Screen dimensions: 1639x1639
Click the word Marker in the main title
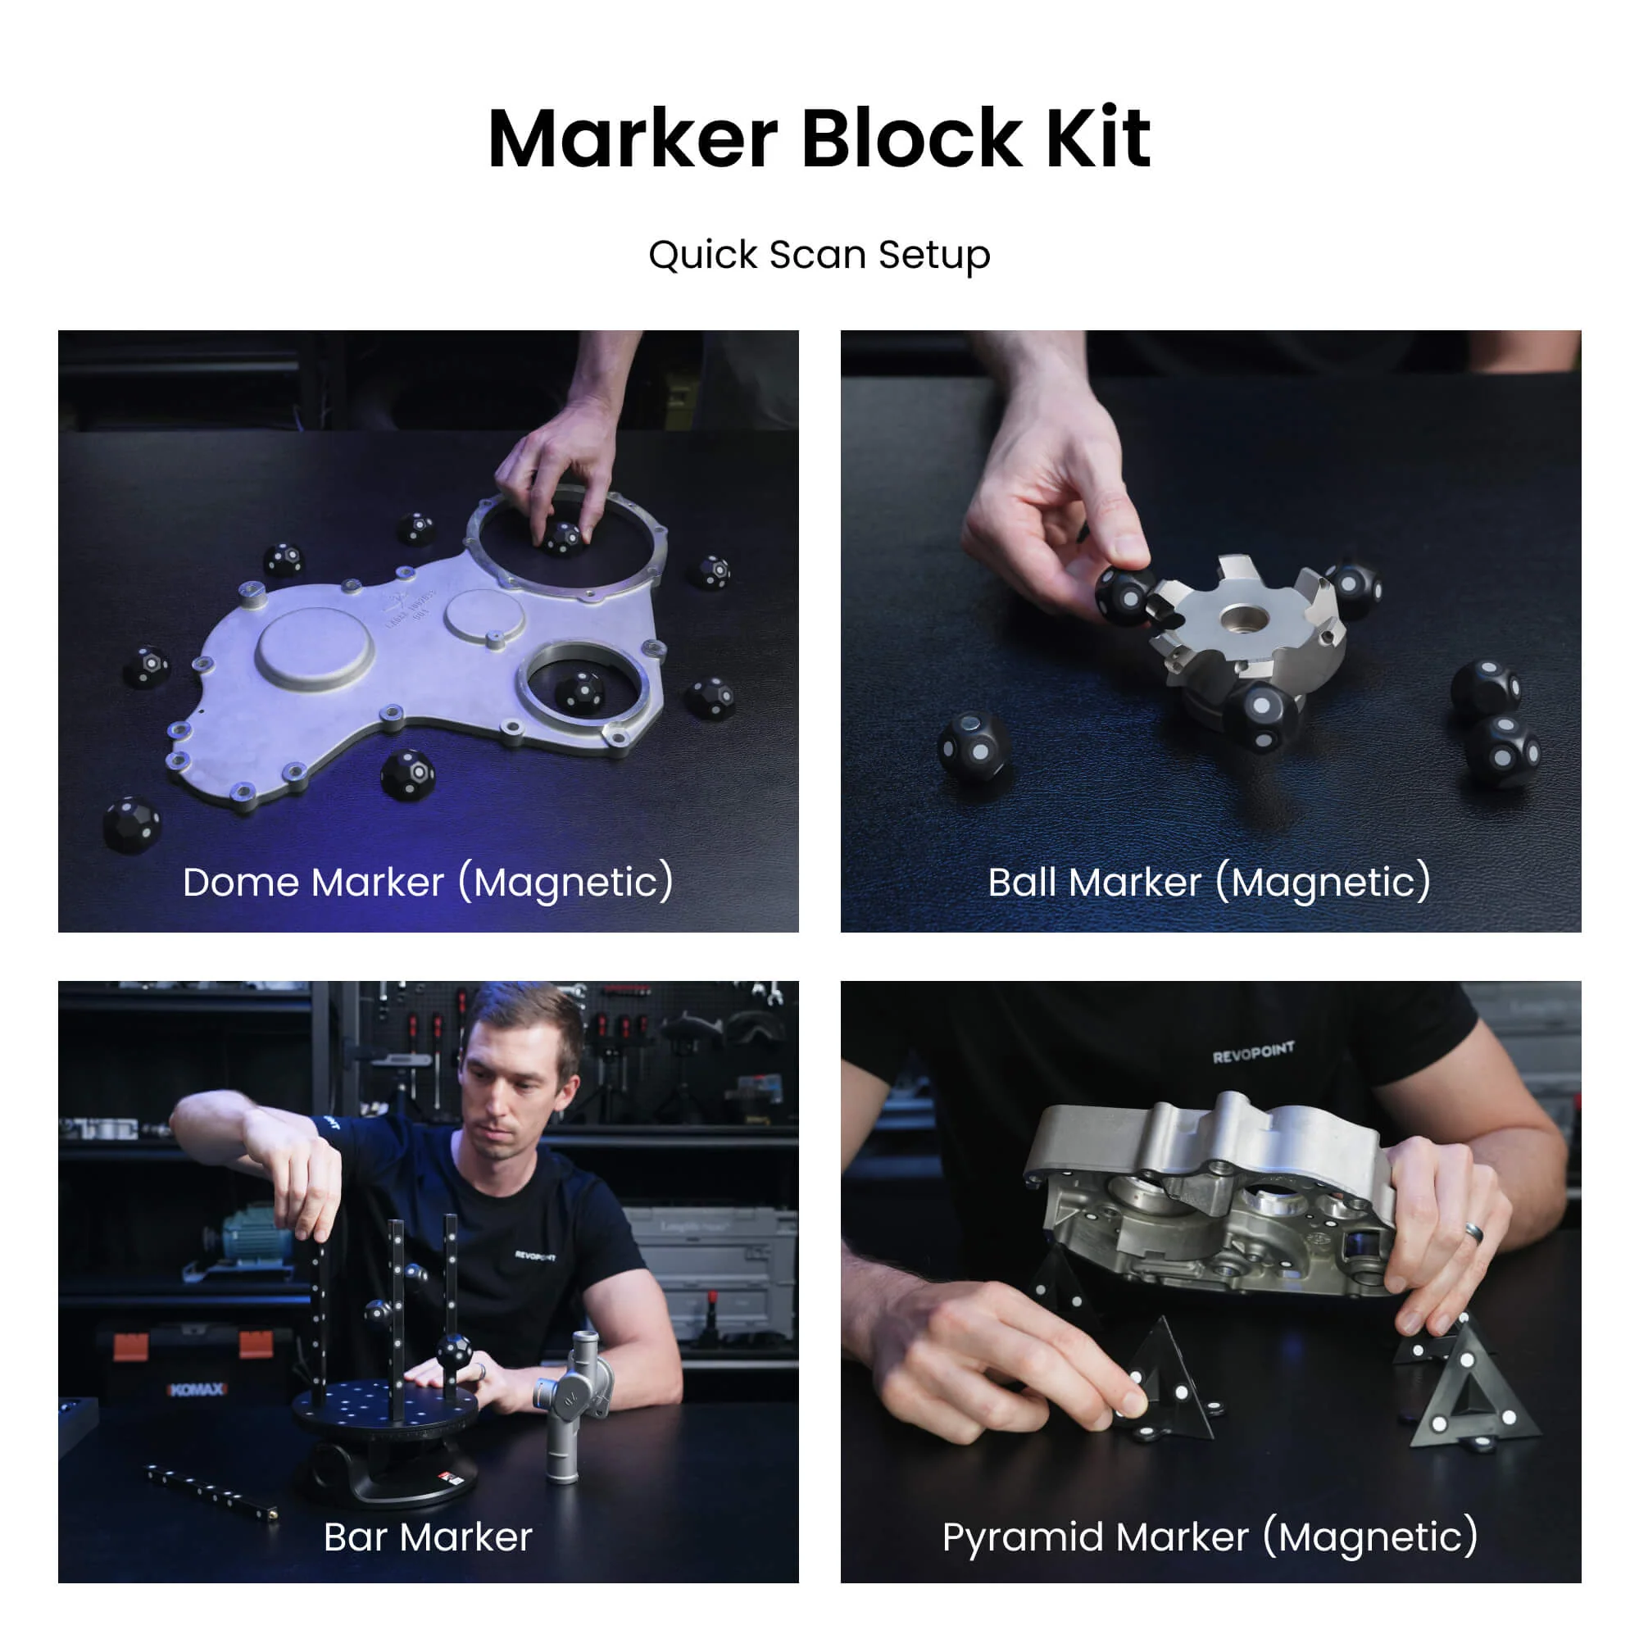point(632,139)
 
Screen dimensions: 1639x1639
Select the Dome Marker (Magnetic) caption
point(428,882)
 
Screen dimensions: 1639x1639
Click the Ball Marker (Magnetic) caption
point(1210,882)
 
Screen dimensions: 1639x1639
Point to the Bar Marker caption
point(428,1537)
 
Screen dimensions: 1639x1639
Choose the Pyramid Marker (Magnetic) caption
point(1210,1537)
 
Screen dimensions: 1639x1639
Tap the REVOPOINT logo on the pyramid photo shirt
point(1252,1053)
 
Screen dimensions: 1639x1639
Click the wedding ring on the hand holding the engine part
point(1474,1233)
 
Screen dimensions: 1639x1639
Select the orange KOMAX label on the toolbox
point(197,1390)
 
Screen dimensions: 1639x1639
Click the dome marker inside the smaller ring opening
point(580,692)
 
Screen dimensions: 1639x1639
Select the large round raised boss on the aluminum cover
point(315,649)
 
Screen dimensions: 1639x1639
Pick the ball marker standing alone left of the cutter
point(973,747)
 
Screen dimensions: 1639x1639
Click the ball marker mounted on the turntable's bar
point(454,1351)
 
